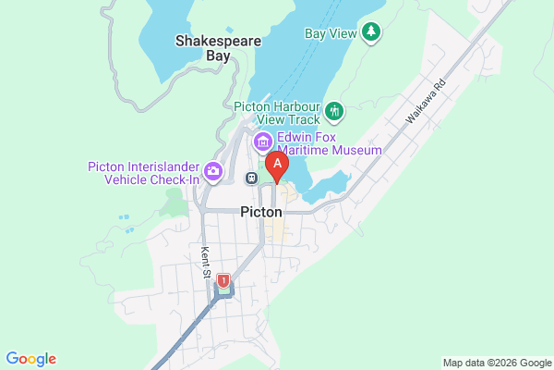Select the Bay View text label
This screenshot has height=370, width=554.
329,33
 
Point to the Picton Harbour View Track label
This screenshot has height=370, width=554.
278,112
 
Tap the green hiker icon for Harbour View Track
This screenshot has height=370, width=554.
334,113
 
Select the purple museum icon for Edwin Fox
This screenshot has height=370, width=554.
261,142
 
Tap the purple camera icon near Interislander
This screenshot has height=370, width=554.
213,170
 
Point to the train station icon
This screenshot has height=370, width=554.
250,177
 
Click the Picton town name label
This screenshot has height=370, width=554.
260,212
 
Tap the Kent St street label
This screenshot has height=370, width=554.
206,263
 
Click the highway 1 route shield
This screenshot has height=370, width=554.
223,279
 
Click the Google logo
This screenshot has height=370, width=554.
30,359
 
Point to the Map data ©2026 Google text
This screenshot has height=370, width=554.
495,362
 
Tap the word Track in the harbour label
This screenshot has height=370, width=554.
304,118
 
